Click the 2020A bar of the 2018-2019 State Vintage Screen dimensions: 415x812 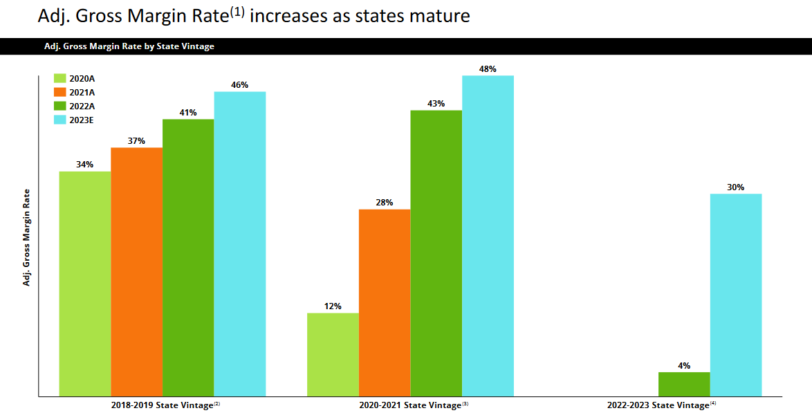[x=84, y=284]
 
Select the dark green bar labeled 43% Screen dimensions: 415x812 [x=436, y=253]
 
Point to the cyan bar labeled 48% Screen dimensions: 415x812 [x=488, y=235]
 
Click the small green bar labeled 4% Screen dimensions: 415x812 [x=684, y=384]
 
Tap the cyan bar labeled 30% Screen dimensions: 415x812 [x=736, y=295]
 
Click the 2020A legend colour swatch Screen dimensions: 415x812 [x=60, y=78]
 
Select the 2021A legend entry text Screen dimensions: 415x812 [x=82, y=92]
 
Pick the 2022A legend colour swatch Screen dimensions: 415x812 [x=60, y=106]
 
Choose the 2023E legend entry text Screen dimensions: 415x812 [x=82, y=120]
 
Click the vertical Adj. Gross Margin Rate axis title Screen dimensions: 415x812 [x=27, y=237]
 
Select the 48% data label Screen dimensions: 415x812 [x=488, y=69]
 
